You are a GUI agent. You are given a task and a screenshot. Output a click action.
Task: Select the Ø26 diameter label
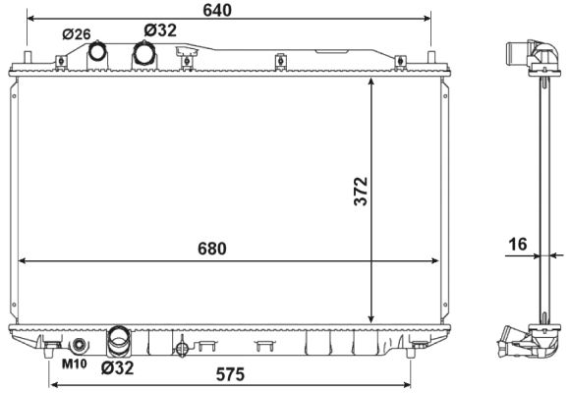(76, 33)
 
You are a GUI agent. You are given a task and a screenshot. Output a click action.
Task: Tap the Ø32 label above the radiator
(160, 30)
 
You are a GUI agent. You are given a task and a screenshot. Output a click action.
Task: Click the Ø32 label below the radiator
(116, 368)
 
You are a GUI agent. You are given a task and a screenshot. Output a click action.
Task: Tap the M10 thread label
(75, 365)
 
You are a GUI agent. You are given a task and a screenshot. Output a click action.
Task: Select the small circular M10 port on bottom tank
(78, 345)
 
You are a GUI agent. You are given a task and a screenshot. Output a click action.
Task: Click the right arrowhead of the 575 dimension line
(406, 383)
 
